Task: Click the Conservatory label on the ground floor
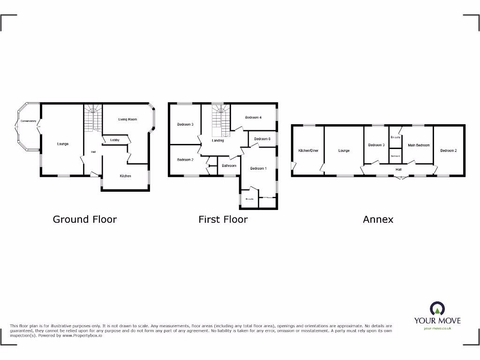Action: click(28, 121)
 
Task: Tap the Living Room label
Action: click(127, 120)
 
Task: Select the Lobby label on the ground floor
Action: click(115, 140)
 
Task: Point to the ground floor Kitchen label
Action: click(125, 176)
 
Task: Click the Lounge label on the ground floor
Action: click(63, 144)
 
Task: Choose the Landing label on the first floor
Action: click(218, 141)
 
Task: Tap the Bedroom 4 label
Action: click(253, 117)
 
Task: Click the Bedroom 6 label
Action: click(262, 139)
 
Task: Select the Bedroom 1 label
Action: click(258, 168)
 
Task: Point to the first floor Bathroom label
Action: click(229, 165)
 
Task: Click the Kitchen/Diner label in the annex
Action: click(308, 150)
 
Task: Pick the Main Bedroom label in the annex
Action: click(419, 145)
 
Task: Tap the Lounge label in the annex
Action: click(344, 150)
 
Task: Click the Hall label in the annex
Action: click(398, 169)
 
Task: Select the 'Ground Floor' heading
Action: click(85, 219)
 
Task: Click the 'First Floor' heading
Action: click(223, 219)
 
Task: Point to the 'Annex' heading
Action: click(378, 219)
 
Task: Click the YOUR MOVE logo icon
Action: click(437, 308)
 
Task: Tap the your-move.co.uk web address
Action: click(437, 328)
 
